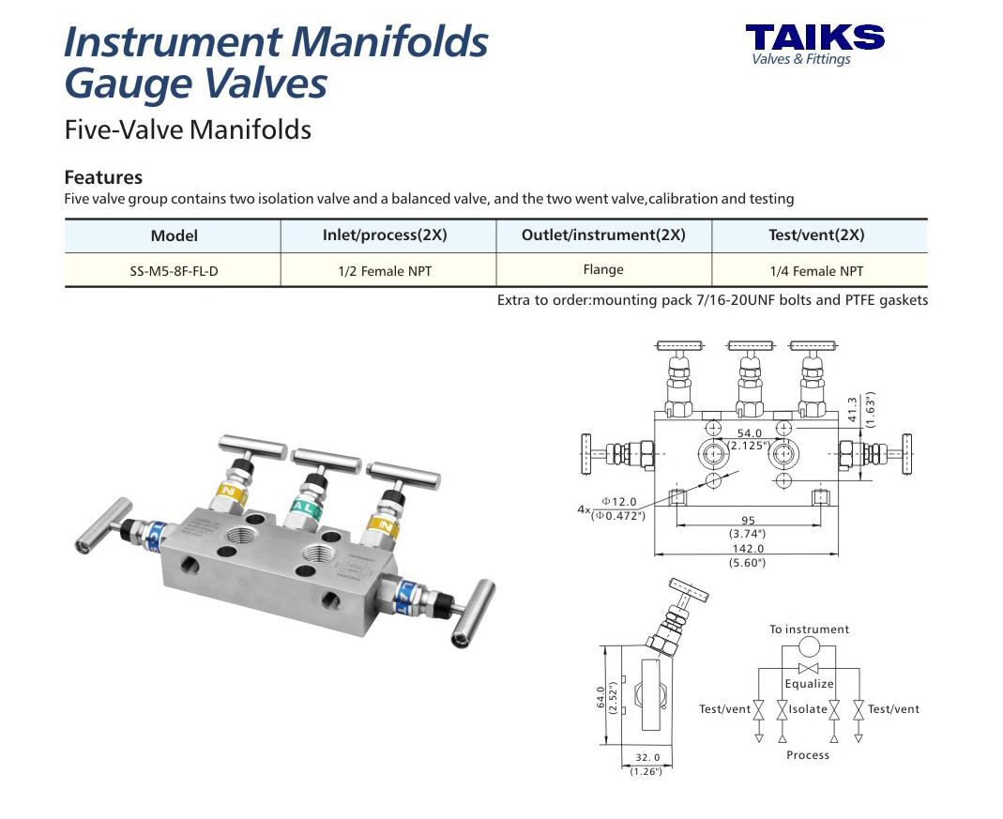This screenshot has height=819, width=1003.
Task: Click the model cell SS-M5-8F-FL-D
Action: [173, 271]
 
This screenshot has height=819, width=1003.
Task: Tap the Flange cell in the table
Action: [602, 269]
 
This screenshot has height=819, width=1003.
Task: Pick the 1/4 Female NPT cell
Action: [816, 271]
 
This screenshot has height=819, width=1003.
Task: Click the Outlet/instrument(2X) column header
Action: [603, 235]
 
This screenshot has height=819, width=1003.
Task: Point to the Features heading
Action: [103, 177]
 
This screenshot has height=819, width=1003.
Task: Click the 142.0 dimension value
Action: [747, 549]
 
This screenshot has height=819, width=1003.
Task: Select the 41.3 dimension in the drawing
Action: [852, 410]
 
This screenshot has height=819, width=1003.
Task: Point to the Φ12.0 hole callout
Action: [618, 503]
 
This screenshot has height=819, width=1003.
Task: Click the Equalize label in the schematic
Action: [809, 684]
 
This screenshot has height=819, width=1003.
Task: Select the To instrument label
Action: [809, 629]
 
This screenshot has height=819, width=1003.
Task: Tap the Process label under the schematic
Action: [808, 754]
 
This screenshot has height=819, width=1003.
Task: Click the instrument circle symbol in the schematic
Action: [809, 647]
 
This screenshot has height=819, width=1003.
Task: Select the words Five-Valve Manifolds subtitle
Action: [188, 129]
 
